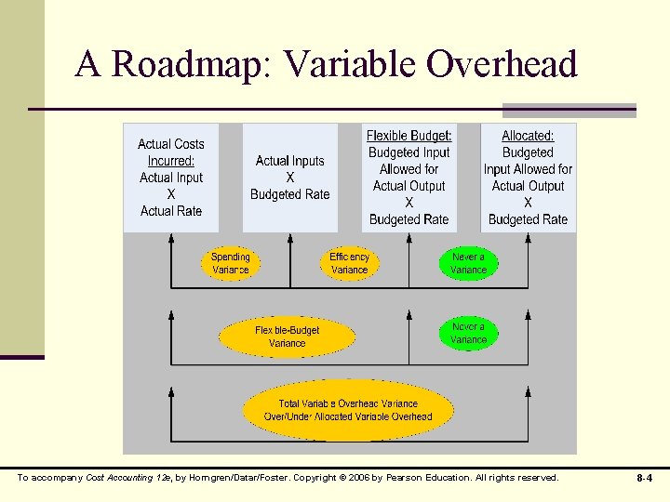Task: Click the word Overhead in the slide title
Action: [x=502, y=64]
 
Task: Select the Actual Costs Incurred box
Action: [x=171, y=178]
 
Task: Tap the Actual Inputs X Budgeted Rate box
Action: [x=290, y=178]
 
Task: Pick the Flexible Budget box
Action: [x=409, y=178]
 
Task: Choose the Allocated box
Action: [x=528, y=178]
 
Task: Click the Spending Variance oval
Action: [x=231, y=263]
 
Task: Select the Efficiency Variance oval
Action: [x=350, y=263]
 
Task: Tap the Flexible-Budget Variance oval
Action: [x=287, y=337]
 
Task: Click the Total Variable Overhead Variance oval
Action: [x=348, y=410]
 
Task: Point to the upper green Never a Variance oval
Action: [x=468, y=263]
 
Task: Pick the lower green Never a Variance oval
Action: [x=468, y=333]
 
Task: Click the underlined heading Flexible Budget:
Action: [x=409, y=136]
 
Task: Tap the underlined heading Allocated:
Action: [x=528, y=136]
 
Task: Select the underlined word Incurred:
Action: [x=171, y=161]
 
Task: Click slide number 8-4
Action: [x=644, y=478]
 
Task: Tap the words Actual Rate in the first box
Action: [x=171, y=211]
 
